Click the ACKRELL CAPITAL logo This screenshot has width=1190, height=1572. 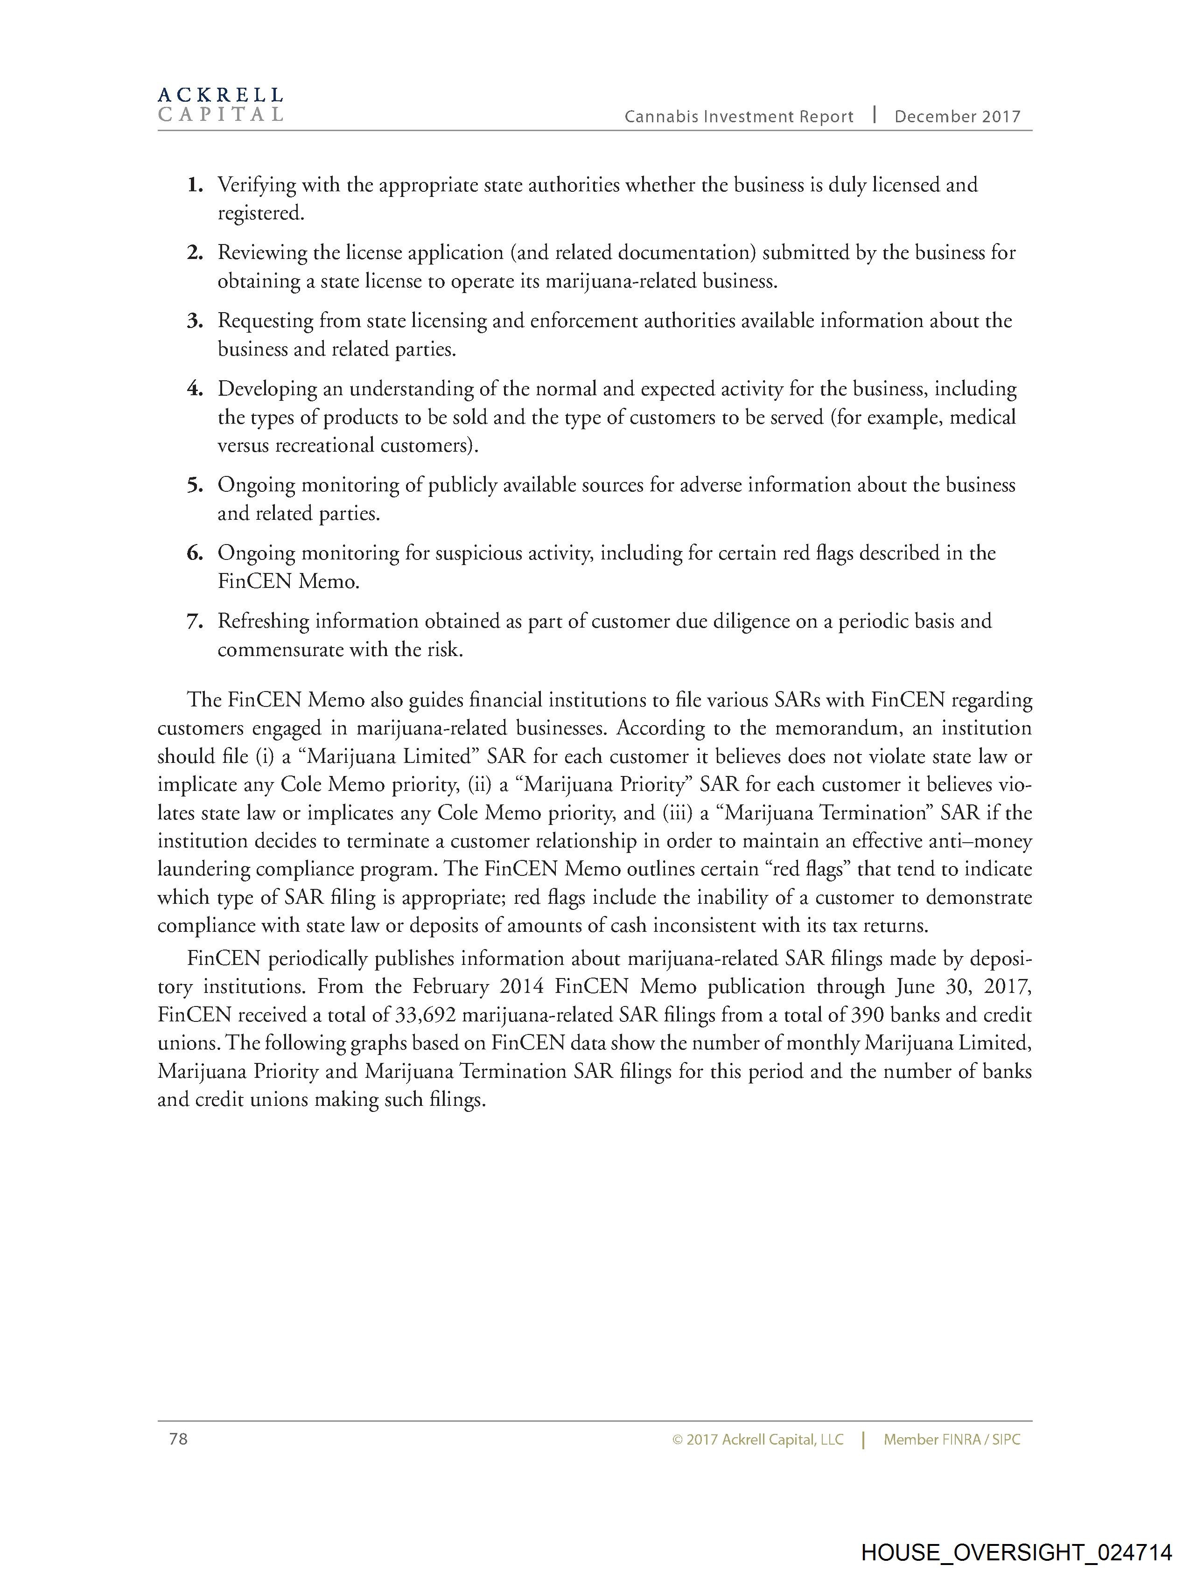(220, 105)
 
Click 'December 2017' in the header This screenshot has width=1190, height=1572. (957, 117)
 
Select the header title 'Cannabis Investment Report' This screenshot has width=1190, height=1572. (739, 117)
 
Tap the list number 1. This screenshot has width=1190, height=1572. (195, 186)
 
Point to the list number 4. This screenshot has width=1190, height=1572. (195, 390)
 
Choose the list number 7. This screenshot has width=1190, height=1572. (195, 622)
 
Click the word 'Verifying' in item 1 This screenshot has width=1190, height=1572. (257, 186)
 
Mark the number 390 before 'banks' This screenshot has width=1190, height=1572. (867, 1015)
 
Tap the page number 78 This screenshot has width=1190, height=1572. (178, 1439)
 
